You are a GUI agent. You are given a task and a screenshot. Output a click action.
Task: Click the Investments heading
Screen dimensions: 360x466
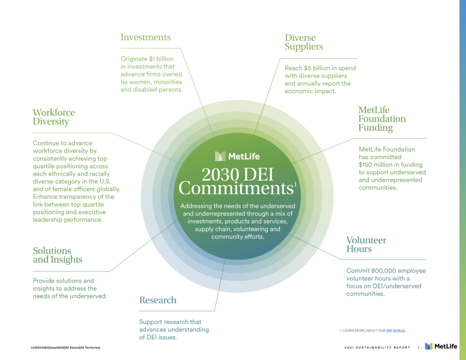145,37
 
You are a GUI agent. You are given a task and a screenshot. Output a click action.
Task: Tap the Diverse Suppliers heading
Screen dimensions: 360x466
304,42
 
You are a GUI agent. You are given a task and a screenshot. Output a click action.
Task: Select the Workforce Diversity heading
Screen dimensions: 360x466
54,117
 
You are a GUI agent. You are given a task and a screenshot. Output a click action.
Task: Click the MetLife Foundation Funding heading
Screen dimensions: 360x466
382,119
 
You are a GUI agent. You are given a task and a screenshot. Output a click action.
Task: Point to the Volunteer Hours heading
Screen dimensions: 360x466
366,244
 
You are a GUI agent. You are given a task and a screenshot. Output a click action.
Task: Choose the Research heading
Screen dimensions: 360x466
158,300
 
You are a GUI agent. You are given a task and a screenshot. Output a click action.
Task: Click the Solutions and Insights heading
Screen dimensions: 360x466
57,255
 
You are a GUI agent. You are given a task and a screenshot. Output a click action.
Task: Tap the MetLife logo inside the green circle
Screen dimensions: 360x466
237,156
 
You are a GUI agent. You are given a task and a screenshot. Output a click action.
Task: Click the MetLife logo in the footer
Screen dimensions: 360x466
441,346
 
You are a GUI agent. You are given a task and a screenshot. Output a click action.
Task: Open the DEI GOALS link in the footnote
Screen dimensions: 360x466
396,330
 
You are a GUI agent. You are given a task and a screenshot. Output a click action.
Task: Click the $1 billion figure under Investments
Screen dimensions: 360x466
161,59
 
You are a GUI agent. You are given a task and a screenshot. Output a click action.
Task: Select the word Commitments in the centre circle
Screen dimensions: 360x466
235,188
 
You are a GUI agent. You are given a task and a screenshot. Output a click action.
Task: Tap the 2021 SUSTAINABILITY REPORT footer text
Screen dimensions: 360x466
377,348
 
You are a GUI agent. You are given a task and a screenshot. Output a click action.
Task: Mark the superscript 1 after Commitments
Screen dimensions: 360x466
295,184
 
